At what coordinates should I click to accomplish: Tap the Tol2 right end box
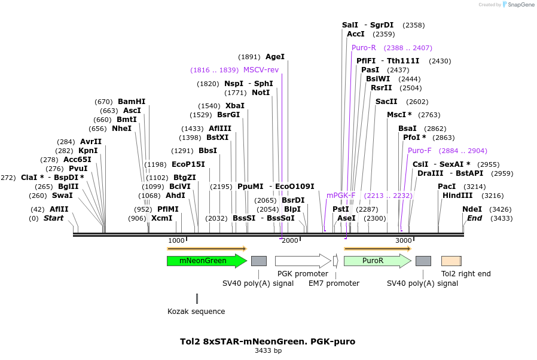click(x=451, y=261)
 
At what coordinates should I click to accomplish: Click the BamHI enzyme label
click(x=132, y=102)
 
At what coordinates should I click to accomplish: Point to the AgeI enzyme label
click(x=275, y=57)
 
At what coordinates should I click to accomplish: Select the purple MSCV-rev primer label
click(x=261, y=70)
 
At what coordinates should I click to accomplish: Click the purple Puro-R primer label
click(x=364, y=48)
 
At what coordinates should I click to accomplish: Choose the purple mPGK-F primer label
click(x=341, y=195)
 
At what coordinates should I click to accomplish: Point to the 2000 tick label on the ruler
click(x=290, y=240)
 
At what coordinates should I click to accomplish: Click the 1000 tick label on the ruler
click(x=176, y=240)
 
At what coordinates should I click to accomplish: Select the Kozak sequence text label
click(x=196, y=311)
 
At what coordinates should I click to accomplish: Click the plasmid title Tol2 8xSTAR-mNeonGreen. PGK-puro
click(x=267, y=341)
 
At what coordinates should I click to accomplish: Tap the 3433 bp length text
click(x=268, y=351)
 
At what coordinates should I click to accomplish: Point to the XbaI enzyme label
click(x=235, y=106)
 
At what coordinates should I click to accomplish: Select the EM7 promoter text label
click(x=334, y=283)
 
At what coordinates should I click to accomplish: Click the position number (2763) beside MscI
click(x=429, y=115)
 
